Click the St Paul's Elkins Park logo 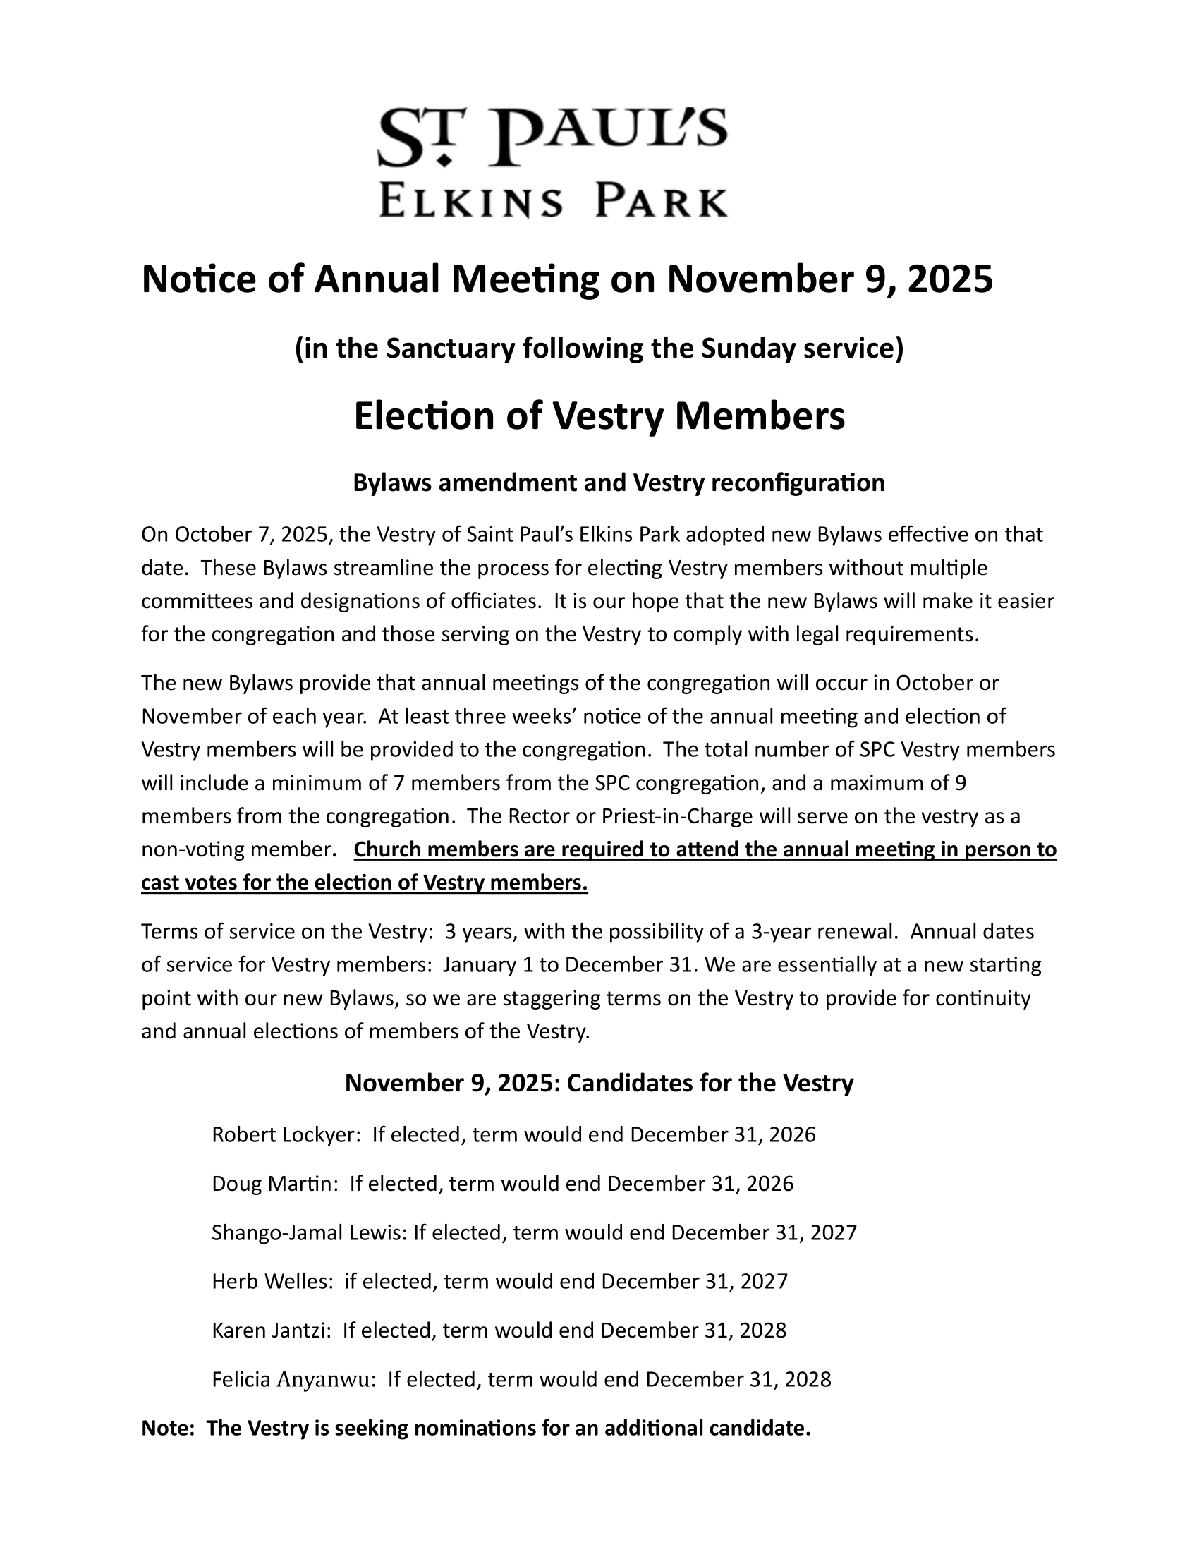coord(553,162)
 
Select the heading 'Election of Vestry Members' coord(599,416)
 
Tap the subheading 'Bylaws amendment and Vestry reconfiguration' coord(619,483)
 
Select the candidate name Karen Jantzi coord(272,1331)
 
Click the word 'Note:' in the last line coord(169,1429)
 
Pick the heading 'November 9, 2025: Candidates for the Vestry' coord(599,1084)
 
